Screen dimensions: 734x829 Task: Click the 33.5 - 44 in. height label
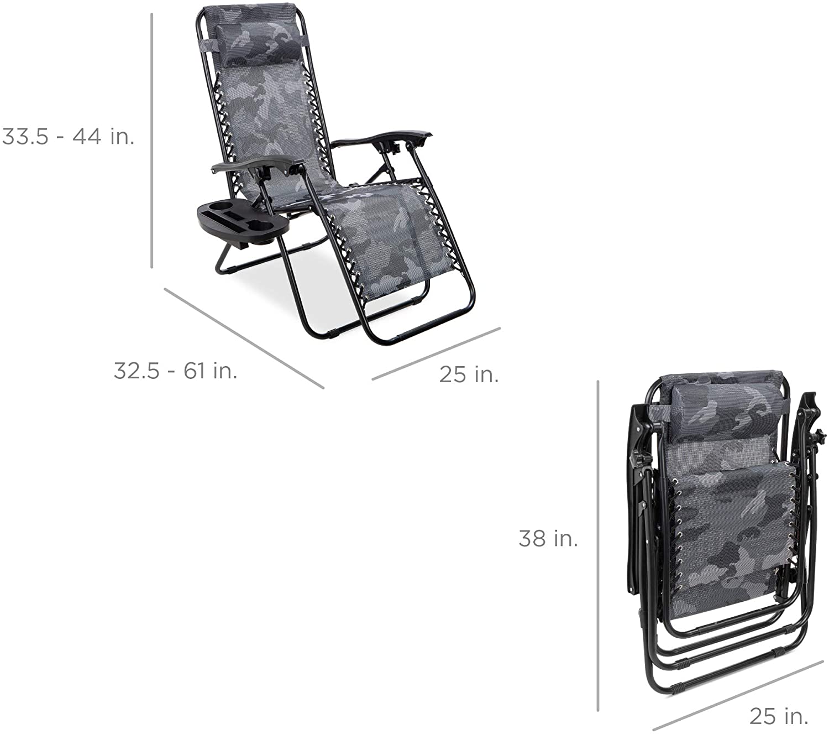(69, 136)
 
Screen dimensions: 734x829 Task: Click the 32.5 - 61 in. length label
(175, 371)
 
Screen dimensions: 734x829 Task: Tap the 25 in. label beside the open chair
(469, 374)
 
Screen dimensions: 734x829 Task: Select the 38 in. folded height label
(548, 538)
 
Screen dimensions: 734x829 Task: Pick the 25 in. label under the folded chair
(779, 716)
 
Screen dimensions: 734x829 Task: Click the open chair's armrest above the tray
(254, 164)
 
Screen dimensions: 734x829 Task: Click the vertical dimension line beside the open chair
(152, 141)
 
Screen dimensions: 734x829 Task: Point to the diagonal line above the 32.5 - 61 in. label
(243, 337)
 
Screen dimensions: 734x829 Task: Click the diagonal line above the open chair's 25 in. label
(437, 353)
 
